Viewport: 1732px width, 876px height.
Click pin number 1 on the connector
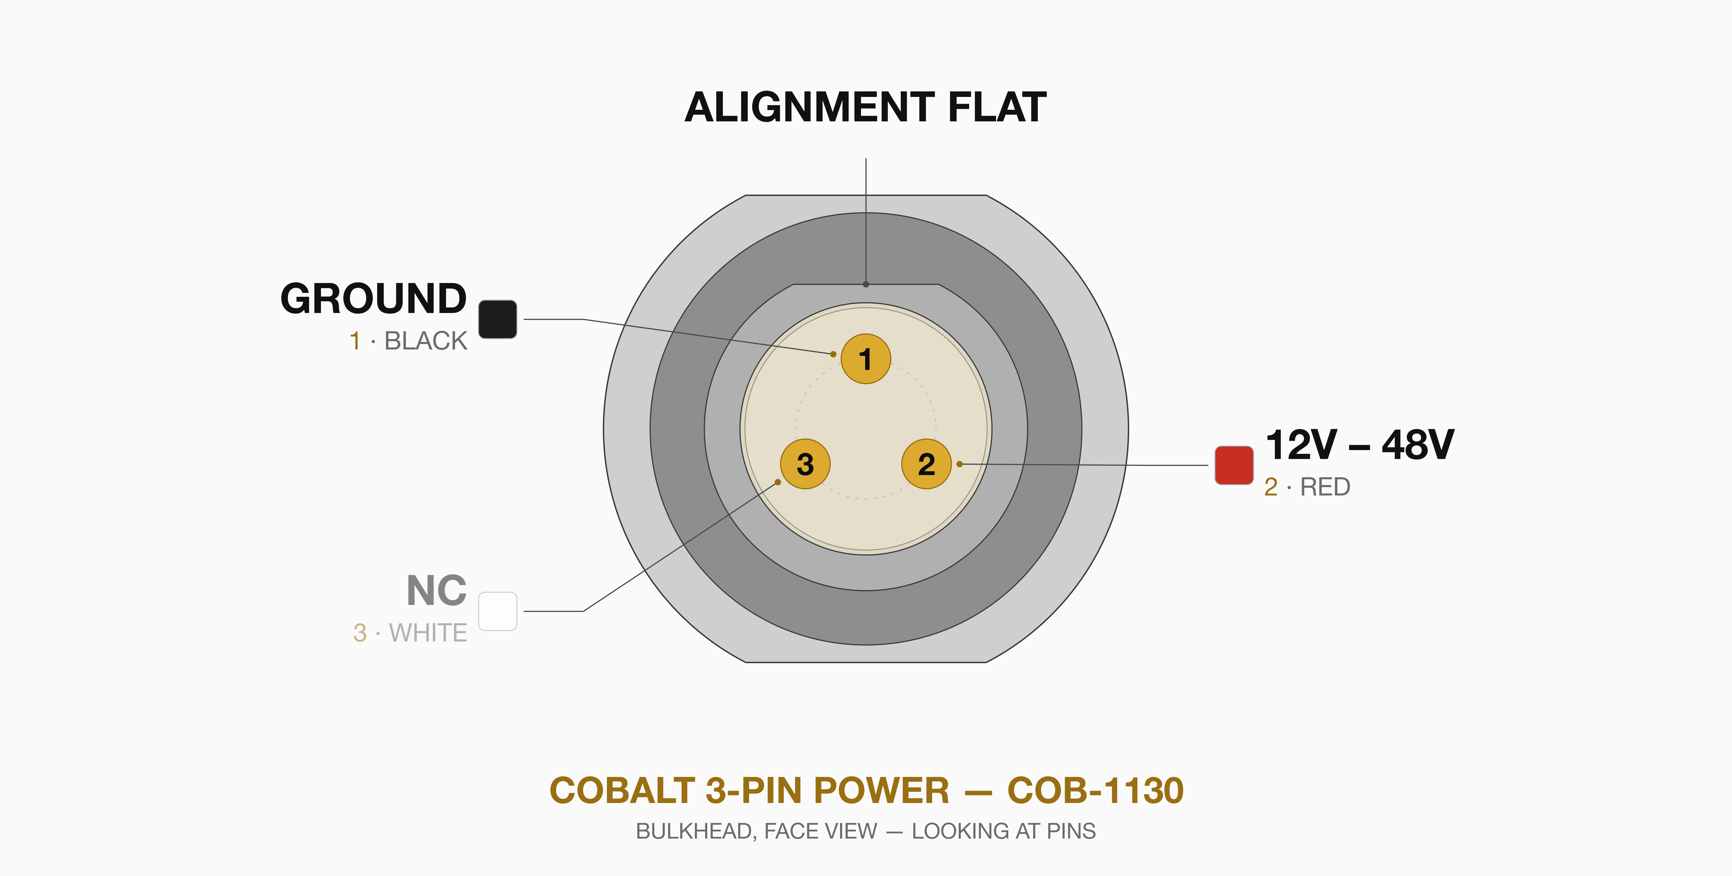(866, 359)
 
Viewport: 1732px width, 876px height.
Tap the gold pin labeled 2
(927, 464)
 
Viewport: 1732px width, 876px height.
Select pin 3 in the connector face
(805, 464)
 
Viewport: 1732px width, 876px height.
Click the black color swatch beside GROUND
(497, 319)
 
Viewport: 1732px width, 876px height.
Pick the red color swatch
(1234, 465)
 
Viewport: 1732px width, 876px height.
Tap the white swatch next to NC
(497, 611)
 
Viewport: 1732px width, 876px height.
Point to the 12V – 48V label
(1360, 445)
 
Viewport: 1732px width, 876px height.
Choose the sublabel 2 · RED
(1307, 486)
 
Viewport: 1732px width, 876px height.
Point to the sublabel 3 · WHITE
(410, 632)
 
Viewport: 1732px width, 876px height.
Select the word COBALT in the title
(622, 790)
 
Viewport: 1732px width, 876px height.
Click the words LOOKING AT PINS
(1004, 832)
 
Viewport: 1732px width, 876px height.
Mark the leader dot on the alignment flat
(866, 284)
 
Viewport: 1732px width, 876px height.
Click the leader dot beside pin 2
(959, 464)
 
